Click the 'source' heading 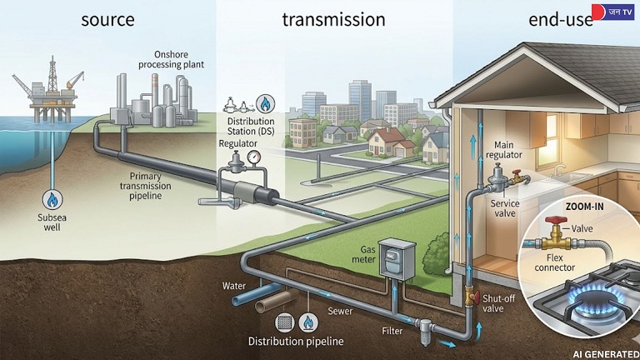107,19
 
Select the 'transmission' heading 333,19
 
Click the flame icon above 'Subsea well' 52,200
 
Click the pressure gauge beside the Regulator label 252,156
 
